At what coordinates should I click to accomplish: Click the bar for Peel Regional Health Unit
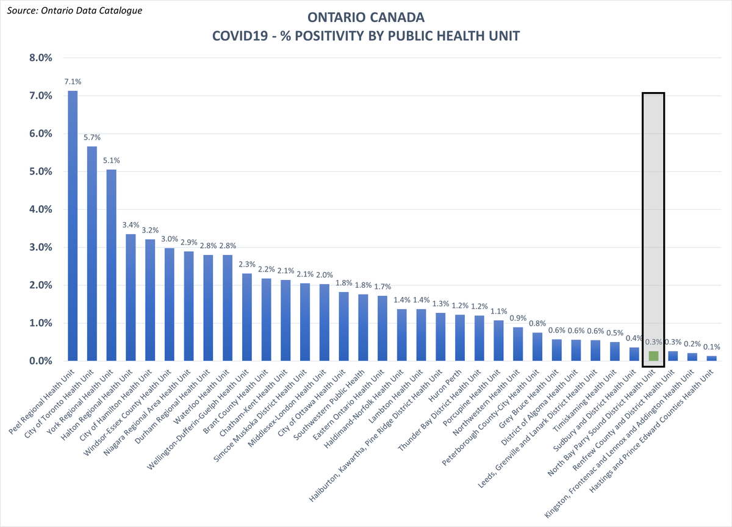73,226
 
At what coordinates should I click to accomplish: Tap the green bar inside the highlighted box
653,356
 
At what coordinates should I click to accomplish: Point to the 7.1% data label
73,82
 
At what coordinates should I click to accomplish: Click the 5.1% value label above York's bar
112,160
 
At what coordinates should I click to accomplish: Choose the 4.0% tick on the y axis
41,209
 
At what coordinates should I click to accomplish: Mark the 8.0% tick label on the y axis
41,58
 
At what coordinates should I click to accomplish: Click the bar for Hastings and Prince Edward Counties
711,359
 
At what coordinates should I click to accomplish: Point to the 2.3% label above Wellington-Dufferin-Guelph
247,264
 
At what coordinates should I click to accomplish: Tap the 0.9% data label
518,318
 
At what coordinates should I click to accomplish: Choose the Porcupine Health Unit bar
498,340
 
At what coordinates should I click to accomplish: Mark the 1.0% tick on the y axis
41,323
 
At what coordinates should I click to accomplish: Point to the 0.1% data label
711,346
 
